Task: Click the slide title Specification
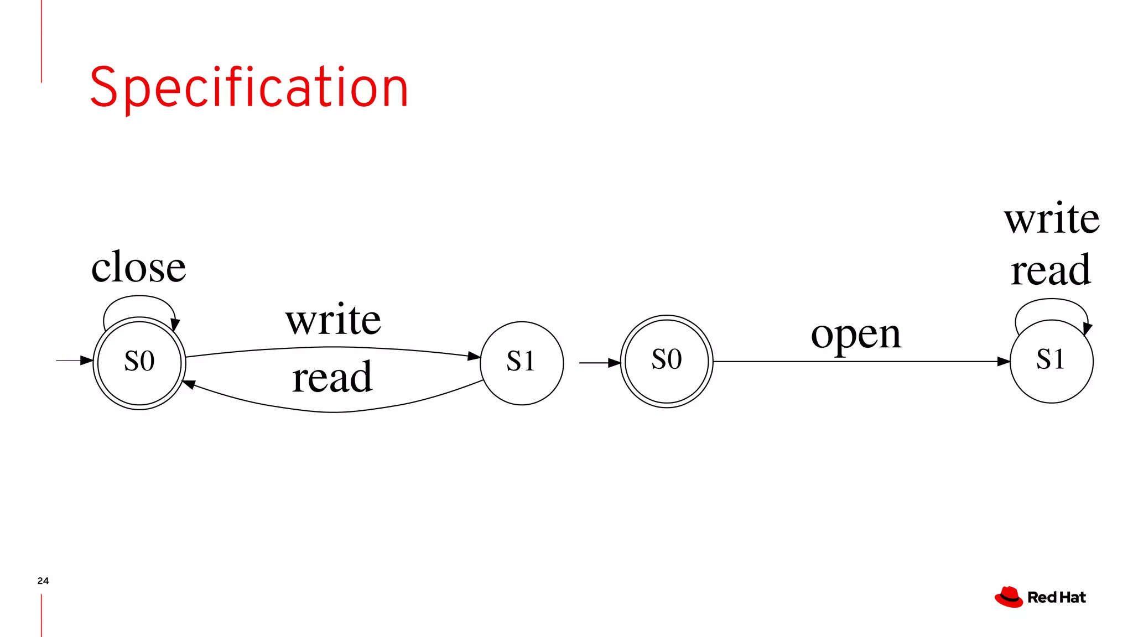(x=249, y=87)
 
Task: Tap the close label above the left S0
(x=138, y=267)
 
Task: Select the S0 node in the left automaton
(x=139, y=362)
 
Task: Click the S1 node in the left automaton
(x=522, y=362)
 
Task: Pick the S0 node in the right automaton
(x=667, y=361)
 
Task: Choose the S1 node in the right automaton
(x=1051, y=361)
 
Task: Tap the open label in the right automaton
(x=856, y=335)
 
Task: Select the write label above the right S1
(x=1052, y=218)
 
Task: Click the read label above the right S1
(x=1051, y=270)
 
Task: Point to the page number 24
(x=43, y=581)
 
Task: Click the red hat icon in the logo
(x=1009, y=597)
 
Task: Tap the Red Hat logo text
(x=1056, y=598)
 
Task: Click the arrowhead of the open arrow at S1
(x=1004, y=362)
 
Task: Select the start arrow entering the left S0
(x=74, y=361)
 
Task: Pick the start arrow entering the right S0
(x=600, y=363)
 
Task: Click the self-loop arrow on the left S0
(x=139, y=297)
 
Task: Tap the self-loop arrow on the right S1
(x=1052, y=300)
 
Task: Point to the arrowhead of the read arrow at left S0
(x=189, y=384)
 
